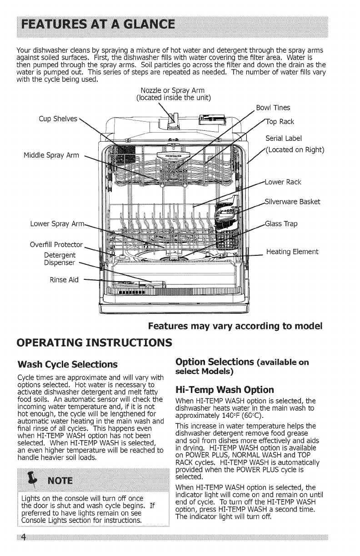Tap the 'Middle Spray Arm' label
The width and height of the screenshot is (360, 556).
click(x=51, y=156)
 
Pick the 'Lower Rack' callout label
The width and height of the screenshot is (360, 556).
click(x=284, y=183)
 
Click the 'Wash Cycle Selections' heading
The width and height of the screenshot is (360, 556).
click(x=67, y=364)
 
